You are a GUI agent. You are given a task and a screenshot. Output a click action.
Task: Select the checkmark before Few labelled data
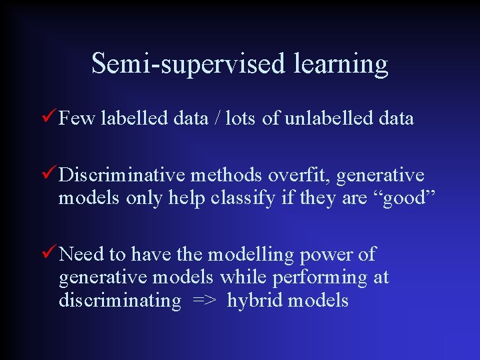49,118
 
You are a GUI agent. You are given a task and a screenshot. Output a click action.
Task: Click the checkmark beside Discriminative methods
49,175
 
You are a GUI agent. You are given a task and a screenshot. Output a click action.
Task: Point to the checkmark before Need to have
49,253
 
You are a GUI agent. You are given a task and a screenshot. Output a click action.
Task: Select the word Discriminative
122,175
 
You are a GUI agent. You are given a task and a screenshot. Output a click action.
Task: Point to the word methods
227,175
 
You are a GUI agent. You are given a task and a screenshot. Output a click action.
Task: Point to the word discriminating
120,301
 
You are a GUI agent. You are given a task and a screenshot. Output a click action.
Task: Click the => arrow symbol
203,301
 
